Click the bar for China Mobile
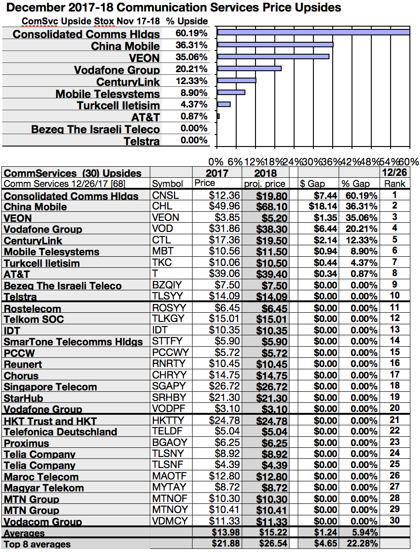point(275,45)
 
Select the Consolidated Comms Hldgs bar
point(313,32)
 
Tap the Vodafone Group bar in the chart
point(249,68)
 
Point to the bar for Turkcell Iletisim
point(224,104)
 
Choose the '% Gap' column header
point(355,183)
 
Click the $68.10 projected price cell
point(272,206)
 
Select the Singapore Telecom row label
point(51,387)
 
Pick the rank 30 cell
point(395,520)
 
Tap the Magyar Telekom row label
point(44,488)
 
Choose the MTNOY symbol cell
point(170,510)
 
